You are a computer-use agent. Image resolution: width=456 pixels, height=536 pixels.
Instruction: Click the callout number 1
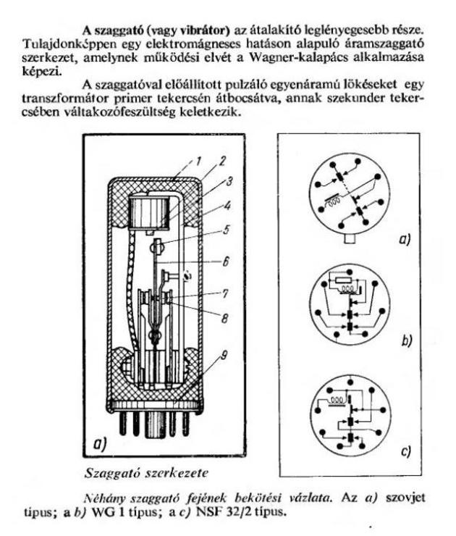[x=198, y=161]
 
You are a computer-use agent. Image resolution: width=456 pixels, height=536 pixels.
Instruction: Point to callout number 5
[x=226, y=229]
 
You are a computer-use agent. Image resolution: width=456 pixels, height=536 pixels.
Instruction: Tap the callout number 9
[x=224, y=356]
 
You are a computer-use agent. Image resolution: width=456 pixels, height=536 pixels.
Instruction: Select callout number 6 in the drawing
[x=226, y=261]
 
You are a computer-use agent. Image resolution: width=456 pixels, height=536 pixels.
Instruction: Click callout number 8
[x=225, y=318]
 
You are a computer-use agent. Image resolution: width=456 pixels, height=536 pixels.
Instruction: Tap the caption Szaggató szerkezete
[x=146, y=473]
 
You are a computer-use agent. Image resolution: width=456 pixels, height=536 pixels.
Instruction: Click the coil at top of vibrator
[x=149, y=211]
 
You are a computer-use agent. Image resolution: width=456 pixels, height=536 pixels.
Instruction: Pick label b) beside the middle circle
[x=406, y=340]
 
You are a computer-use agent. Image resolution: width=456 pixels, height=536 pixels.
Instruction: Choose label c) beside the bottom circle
[x=405, y=451]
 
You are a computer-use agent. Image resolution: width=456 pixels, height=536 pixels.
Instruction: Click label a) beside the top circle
[x=405, y=239]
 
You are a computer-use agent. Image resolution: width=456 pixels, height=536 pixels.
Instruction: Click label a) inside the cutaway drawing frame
[x=100, y=444]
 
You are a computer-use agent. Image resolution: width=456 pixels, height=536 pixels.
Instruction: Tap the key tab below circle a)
[x=350, y=238]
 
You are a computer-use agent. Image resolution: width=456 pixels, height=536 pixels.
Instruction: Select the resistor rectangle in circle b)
[x=342, y=280]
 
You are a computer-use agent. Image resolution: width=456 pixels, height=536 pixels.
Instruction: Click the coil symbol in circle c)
[x=338, y=399]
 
